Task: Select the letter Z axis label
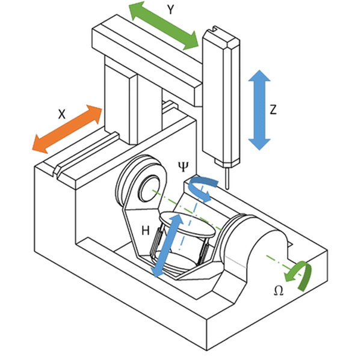(274, 110)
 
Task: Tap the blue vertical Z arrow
(259, 109)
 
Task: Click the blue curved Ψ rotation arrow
(200, 187)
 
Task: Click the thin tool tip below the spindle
(227, 178)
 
